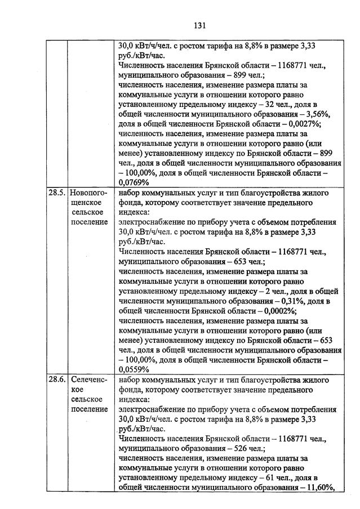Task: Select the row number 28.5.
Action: coord(57,193)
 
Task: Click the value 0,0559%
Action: coord(134,369)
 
